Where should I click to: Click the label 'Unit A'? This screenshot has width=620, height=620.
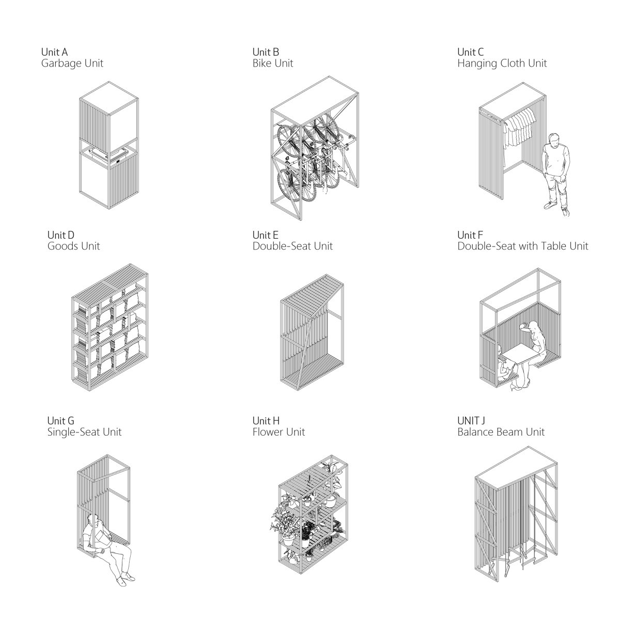click(x=54, y=52)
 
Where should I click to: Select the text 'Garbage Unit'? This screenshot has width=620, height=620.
click(x=72, y=64)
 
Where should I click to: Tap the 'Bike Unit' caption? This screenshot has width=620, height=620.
click(x=272, y=64)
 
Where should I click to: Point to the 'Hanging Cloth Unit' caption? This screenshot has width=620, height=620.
click(x=502, y=64)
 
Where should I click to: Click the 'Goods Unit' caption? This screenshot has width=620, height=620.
click(x=74, y=246)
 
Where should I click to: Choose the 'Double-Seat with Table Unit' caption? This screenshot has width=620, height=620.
click(x=522, y=246)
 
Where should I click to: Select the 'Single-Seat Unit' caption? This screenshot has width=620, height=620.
click(x=84, y=432)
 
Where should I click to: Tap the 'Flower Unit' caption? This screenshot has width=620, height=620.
click(x=278, y=432)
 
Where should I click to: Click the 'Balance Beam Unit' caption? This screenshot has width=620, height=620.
click(x=501, y=432)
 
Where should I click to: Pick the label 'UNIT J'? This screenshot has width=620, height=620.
click(x=471, y=421)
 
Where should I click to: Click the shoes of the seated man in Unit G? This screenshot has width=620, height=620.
click(x=126, y=579)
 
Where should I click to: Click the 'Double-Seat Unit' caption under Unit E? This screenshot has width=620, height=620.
click(x=292, y=246)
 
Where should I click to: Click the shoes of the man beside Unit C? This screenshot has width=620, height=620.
click(x=556, y=209)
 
